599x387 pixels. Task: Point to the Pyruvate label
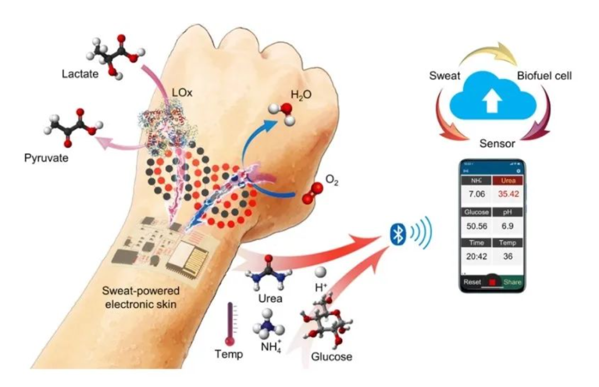[47, 158]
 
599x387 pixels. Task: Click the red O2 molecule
[312, 195]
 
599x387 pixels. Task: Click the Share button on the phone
[512, 282]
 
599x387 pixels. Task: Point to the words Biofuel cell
[544, 75]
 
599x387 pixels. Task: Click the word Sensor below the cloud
[497, 144]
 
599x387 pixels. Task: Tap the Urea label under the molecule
[270, 298]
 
